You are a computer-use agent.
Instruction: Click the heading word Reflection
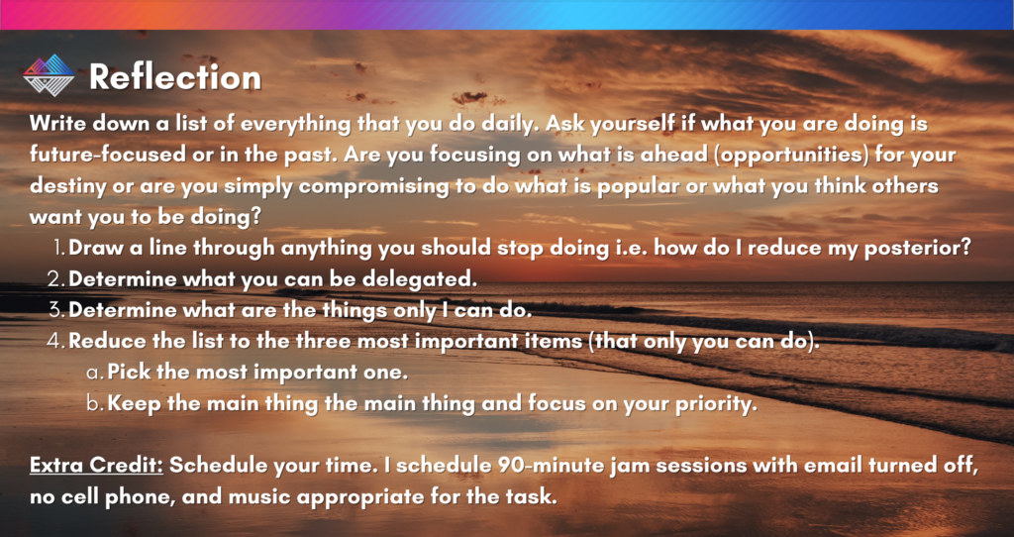(175, 77)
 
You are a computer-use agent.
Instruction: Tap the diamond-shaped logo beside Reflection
(49, 75)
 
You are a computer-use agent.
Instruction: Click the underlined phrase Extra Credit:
(96, 466)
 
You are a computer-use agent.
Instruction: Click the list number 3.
(55, 310)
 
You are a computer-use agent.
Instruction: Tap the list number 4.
(55, 341)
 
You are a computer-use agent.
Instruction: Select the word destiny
(64, 187)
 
